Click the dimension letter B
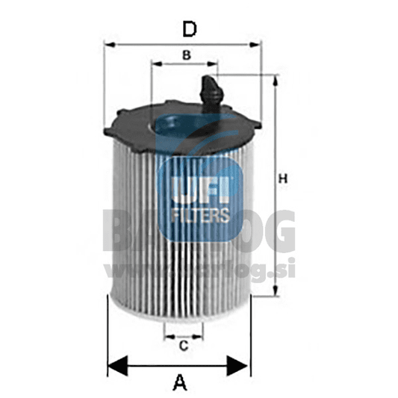click(187, 54)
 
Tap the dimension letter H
click(282, 179)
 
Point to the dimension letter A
click(179, 384)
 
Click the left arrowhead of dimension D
click(111, 44)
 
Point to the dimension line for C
click(182, 336)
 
